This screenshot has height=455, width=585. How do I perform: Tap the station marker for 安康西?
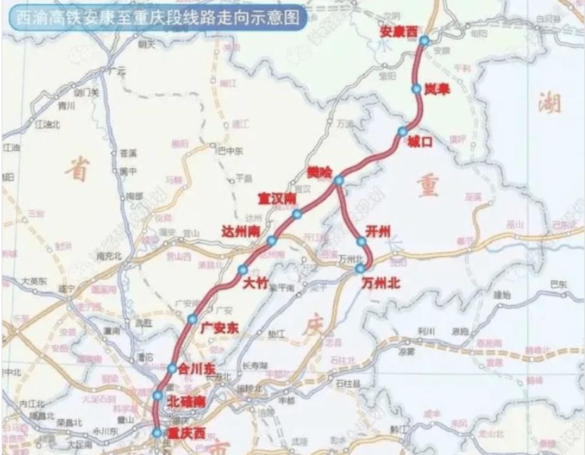[423, 41]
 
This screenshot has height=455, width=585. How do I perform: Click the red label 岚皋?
[437, 90]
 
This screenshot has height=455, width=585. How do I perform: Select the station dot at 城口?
[403, 131]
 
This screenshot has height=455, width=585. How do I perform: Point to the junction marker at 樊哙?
[339, 180]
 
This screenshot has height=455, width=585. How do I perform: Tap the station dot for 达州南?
[271, 240]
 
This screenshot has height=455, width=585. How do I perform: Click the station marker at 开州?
[362, 241]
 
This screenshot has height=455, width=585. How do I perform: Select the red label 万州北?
[381, 284]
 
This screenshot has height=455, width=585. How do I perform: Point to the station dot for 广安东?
[192, 319]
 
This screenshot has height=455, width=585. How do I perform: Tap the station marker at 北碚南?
[158, 396]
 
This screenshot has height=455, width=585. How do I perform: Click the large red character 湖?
[549, 105]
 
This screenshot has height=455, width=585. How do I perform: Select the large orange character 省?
[79, 169]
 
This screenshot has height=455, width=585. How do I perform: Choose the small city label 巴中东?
[230, 150]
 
